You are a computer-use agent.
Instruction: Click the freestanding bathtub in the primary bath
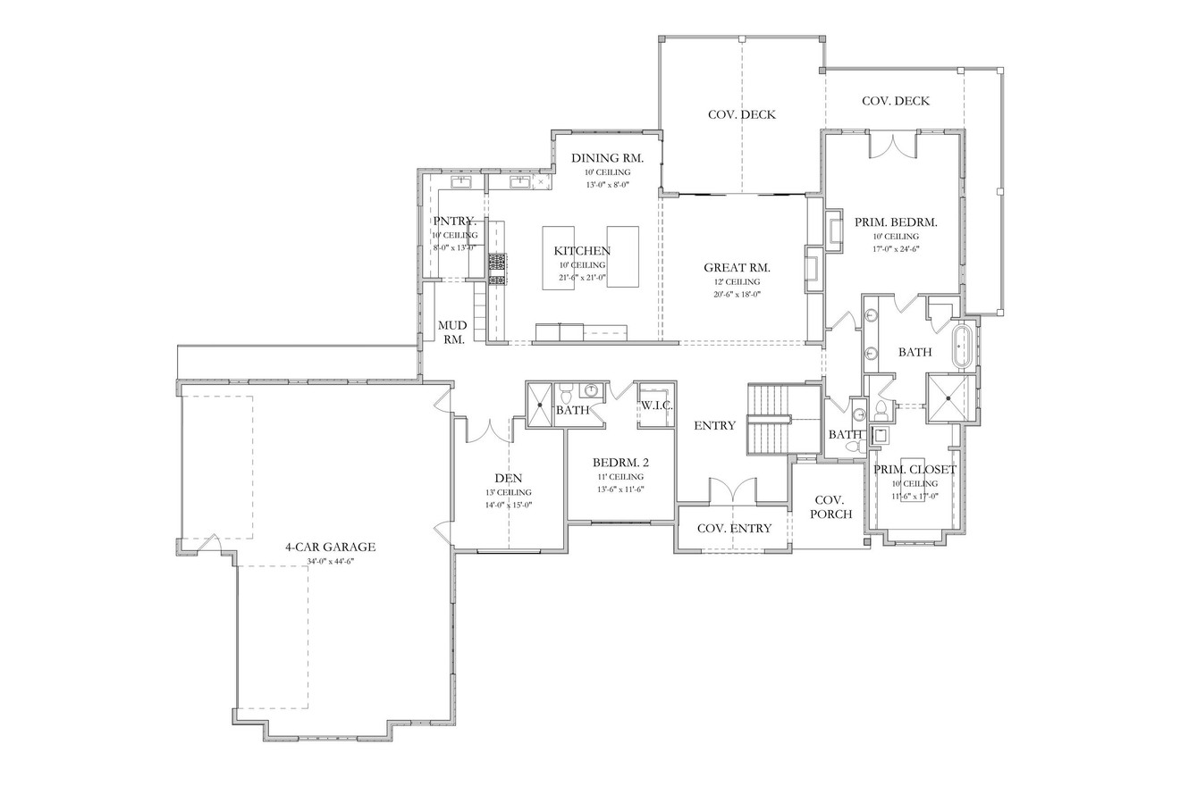(x=963, y=347)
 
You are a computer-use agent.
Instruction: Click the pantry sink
(x=463, y=182)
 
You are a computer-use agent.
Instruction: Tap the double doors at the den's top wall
(x=488, y=430)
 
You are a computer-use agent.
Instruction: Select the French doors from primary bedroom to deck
(x=892, y=145)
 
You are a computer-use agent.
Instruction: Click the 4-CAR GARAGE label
(x=330, y=547)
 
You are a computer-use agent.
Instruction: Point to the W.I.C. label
(x=656, y=406)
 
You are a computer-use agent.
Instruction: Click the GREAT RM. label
(x=737, y=267)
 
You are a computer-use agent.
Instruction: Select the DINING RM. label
(x=607, y=157)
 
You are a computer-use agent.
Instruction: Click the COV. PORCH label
(x=830, y=507)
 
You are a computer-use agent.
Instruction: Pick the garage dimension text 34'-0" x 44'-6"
(x=330, y=561)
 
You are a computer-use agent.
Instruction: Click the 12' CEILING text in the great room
(x=737, y=281)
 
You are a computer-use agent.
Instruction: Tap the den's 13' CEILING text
(x=508, y=492)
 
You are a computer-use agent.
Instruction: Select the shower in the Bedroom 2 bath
(x=540, y=405)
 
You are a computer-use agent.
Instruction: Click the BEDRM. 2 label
(x=620, y=463)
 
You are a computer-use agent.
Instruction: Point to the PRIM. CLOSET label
(x=914, y=469)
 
